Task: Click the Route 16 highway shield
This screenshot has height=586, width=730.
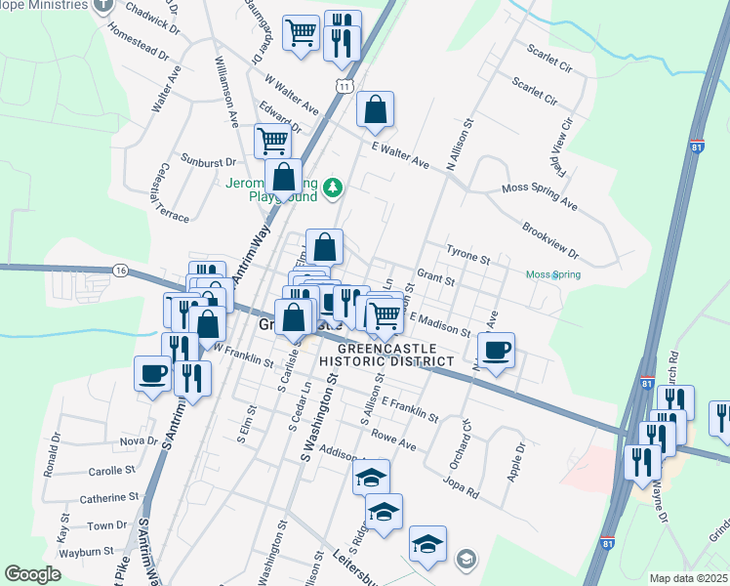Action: (120, 270)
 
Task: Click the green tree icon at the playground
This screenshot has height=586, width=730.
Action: (334, 186)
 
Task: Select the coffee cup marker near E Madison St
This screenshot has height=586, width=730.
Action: (496, 351)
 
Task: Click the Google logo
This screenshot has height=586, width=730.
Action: (32, 574)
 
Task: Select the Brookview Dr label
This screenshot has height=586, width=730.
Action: (550, 241)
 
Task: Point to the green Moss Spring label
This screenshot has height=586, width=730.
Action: (552, 275)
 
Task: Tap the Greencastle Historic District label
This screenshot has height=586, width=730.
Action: (395, 355)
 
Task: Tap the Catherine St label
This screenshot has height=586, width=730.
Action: (108, 498)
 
